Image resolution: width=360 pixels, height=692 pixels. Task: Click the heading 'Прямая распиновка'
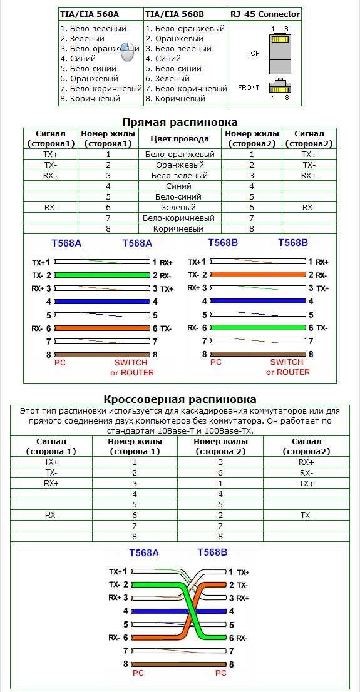(x=180, y=122)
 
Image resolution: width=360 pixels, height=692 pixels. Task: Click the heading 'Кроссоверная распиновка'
(x=180, y=399)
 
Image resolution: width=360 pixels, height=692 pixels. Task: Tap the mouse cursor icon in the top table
(x=128, y=51)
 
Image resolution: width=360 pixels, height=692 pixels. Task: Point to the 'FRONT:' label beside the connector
(x=249, y=88)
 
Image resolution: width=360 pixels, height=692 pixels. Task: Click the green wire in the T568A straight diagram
(x=103, y=275)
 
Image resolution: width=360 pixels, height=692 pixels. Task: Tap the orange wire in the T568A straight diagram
(x=103, y=328)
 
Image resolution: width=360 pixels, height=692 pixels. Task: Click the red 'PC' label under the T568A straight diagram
(x=60, y=362)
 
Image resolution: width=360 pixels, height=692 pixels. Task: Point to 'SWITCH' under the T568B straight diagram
(x=287, y=362)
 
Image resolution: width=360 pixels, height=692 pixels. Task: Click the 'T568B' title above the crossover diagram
(x=212, y=552)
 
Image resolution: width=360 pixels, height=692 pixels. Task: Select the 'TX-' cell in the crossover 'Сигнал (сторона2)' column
(x=306, y=515)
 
